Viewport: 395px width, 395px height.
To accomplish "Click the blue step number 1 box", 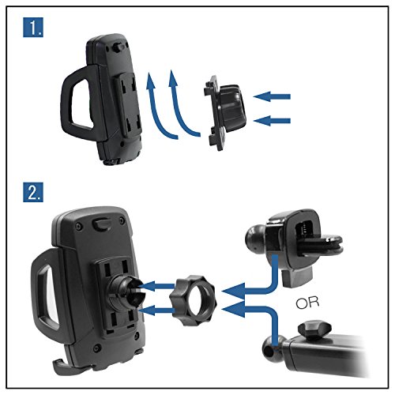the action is [x=33, y=27].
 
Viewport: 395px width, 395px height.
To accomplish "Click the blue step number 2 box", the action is [x=33, y=192].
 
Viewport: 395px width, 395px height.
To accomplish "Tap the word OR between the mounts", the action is [x=307, y=303].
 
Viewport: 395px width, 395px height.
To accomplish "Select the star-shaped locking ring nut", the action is [x=193, y=300].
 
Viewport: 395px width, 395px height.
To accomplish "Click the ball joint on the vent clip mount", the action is [x=255, y=239].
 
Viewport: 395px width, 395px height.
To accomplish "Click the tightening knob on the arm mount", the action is [x=314, y=329].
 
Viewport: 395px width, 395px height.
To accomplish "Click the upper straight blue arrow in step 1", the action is [x=272, y=96].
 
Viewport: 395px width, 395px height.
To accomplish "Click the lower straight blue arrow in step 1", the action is [x=272, y=121].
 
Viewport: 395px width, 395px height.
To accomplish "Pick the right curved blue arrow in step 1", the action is [x=177, y=108].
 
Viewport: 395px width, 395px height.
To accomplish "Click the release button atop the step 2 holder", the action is [x=102, y=224].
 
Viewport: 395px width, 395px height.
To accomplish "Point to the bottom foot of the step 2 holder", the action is [x=62, y=367].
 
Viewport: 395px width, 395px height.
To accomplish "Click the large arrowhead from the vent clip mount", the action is [x=234, y=291].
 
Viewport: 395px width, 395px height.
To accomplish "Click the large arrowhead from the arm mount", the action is [x=234, y=309].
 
